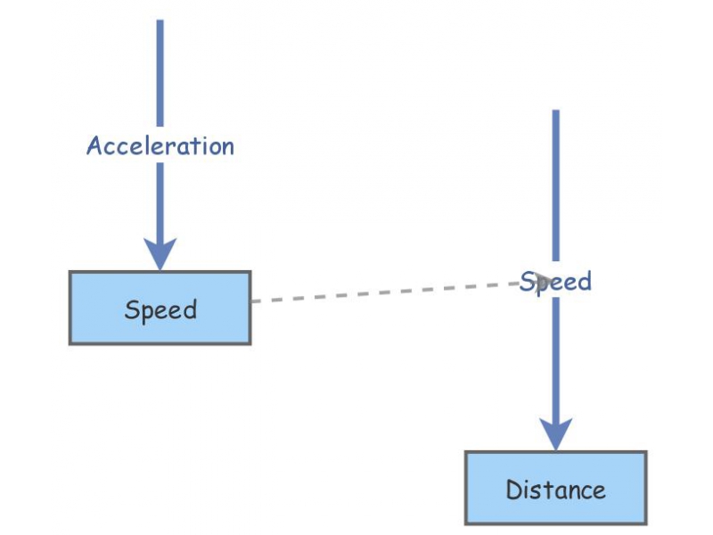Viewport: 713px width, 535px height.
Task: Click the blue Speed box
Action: [160, 308]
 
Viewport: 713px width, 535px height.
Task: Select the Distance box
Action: [555, 488]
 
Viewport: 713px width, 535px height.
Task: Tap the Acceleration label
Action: [160, 146]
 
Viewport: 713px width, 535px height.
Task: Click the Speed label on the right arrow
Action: [555, 282]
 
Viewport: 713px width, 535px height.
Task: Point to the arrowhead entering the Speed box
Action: [160, 255]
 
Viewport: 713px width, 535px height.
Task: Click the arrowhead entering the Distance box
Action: [555, 435]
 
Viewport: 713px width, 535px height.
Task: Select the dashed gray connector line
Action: [383, 292]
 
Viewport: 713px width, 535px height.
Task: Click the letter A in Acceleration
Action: [94, 146]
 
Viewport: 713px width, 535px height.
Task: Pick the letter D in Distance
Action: [513, 490]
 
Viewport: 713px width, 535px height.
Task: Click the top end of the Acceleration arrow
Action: [160, 22]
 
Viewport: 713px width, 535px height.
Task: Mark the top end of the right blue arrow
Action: [555, 112]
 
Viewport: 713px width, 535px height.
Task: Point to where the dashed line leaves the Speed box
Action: [252, 301]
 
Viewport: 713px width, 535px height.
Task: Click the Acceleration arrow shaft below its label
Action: [160, 201]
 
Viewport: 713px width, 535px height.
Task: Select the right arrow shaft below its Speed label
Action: [555, 357]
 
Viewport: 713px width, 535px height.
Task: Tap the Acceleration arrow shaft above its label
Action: [160, 76]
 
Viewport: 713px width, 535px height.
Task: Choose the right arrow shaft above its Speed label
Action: [555, 187]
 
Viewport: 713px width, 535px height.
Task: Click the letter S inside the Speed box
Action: [132, 310]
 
